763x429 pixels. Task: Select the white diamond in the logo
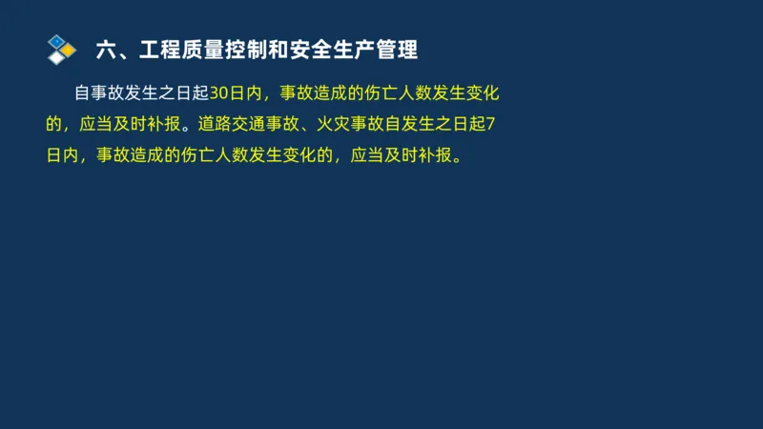pyautogui.click(x=59, y=57)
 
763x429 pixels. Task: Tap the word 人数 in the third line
pyautogui.click(x=223, y=154)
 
